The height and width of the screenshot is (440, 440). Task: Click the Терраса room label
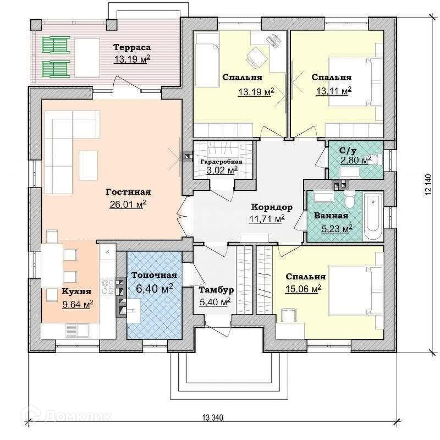coord(132,47)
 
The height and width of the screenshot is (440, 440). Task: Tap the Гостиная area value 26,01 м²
coord(128,204)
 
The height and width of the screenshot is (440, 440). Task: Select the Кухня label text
coord(76,292)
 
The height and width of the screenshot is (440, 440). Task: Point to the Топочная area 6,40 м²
coord(154,288)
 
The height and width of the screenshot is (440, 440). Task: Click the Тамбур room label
coord(217,290)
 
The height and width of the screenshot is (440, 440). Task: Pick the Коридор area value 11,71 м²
coord(267,219)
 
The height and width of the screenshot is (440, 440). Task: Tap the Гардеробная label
coord(221,162)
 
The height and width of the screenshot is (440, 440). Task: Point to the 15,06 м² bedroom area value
coord(302,288)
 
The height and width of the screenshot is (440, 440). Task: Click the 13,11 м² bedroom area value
coord(333,90)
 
